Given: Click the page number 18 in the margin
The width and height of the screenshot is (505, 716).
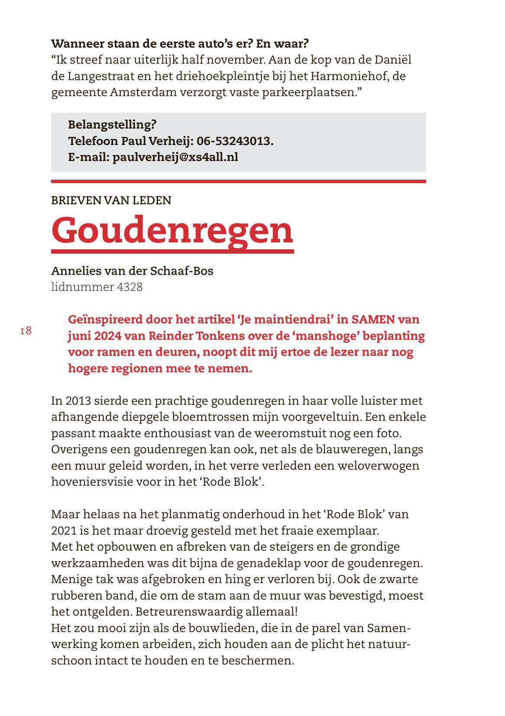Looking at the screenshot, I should click(x=26, y=331).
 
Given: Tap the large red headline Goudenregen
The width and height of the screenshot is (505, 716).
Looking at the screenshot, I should click(x=172, y=229).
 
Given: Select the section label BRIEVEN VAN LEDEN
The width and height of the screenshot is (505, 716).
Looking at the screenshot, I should click(x=111, y=200).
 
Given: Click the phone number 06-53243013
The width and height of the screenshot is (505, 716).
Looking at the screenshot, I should click(x=235, y=141).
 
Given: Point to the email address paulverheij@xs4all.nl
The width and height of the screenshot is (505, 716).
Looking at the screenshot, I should click(x=175, y=157).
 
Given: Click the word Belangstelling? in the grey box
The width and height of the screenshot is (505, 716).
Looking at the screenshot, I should click(x=112, y=125).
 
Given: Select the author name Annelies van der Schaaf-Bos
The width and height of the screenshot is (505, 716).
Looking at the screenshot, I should click(x=132, y=271).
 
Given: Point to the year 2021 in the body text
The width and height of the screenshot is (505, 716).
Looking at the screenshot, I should click(x=65, y=531).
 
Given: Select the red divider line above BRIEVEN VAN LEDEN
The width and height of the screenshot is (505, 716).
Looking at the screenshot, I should click(x=238, y=181).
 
